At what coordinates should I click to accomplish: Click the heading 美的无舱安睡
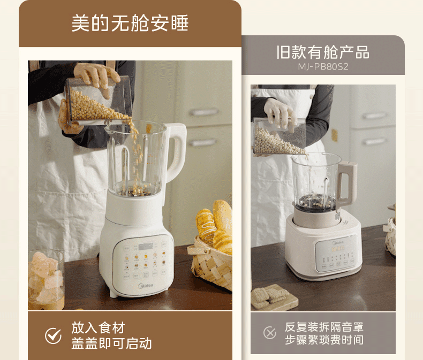point(130,24)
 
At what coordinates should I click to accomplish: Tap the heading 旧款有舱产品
point(322,52)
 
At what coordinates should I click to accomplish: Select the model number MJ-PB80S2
point(323,67)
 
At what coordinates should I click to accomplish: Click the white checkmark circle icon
point(53,335)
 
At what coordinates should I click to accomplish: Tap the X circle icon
point(270,333)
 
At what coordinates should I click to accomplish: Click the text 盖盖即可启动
point(111,343)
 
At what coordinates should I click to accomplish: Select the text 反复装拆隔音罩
point(323,326)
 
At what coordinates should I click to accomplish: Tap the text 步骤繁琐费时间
point(323,340)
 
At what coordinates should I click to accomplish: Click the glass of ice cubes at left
point(46,278)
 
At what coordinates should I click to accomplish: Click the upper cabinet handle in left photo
point(203,112)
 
